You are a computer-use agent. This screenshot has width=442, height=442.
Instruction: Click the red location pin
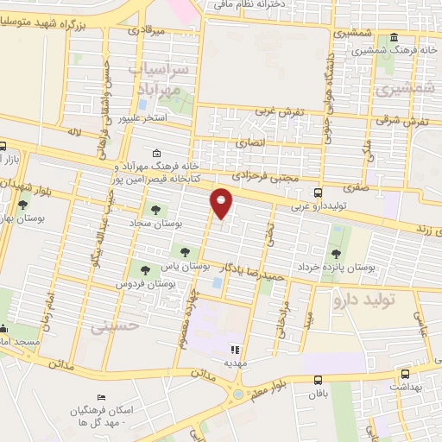pos(222,203)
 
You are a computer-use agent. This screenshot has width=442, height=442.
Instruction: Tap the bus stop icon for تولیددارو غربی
pos(319,193)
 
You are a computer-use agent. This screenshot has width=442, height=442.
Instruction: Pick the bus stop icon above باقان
pos(319,380)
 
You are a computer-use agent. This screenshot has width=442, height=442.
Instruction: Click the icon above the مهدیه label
pos(232,350)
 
